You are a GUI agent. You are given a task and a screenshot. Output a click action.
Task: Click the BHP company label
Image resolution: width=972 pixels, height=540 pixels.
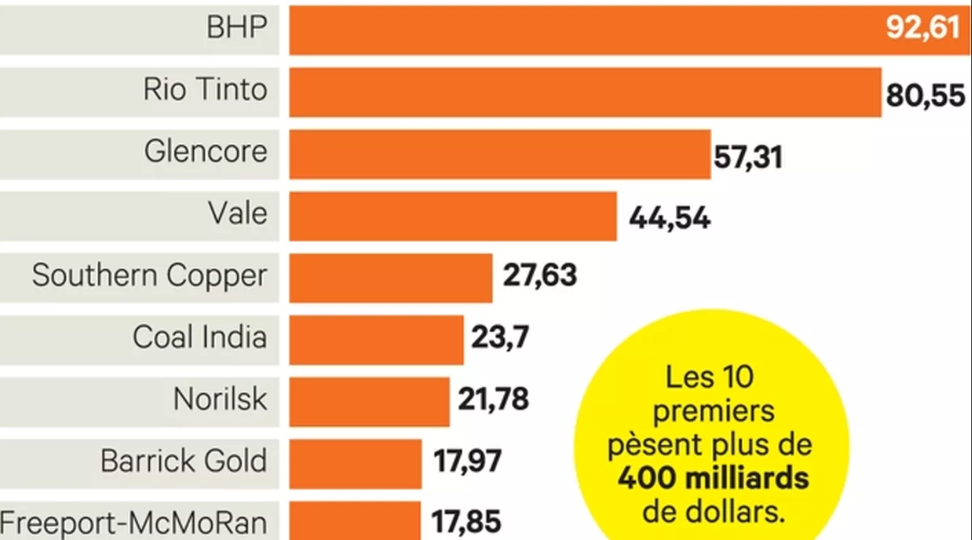coord(237,28)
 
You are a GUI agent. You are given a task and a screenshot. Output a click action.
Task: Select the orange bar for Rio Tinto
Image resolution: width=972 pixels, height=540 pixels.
coord(585,92)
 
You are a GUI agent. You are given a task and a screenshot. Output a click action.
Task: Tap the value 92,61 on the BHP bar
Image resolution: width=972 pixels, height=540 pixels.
coord(923,28)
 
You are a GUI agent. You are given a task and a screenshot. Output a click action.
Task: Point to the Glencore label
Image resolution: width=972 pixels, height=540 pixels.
coord(206,152)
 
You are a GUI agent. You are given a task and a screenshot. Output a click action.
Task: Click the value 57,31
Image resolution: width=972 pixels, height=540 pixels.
coord(748,157)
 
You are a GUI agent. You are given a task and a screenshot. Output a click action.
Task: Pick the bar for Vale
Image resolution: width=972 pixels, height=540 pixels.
coord(453,217)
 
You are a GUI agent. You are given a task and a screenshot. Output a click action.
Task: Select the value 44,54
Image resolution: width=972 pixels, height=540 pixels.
coord(669,218)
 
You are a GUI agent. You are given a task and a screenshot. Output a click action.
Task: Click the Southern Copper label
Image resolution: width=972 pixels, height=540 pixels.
coord(149,276)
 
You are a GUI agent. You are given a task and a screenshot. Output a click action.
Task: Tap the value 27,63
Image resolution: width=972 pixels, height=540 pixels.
coord(539,275)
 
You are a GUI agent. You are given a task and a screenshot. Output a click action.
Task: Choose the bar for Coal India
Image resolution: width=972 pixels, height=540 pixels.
coord(376,340)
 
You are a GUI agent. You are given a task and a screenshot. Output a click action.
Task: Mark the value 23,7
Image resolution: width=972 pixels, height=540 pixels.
coord(500,337)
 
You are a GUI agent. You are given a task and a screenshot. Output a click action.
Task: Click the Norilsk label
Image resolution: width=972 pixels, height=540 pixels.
coord(220,399)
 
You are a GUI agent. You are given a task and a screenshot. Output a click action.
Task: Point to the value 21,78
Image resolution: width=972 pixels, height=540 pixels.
coord(493,399)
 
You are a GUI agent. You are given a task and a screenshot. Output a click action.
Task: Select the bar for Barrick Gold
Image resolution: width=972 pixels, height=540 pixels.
coord(355,464)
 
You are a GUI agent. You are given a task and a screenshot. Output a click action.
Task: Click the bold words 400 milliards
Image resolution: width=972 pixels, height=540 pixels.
coord(713,479)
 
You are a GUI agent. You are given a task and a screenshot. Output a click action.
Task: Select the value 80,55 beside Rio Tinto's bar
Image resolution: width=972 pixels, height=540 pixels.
coord(925,96)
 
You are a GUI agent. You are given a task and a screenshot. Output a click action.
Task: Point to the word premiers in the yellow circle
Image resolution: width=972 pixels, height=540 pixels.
coord(713,411)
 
